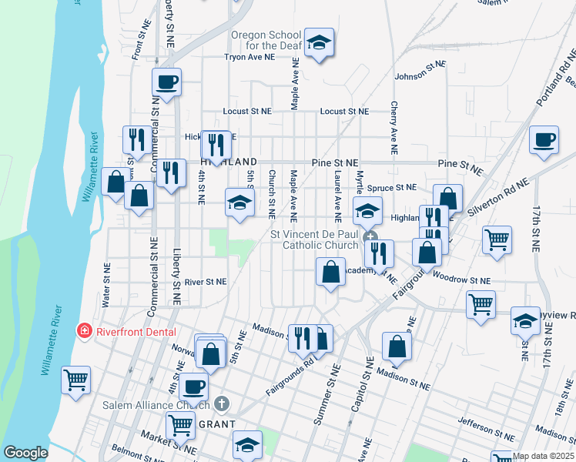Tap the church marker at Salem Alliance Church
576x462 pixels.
pyautogui.click(x=222, y=403)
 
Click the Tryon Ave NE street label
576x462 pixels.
pyautogui.click(x=249, y=57)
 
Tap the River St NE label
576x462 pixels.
pyautogui.click(x=206, y=282)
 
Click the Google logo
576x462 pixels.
pyautogui.click(x=25, y=454)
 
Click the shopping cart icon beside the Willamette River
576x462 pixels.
pyautogui.click(x=76, y=380)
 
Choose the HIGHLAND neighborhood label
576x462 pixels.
pyautogui.click(x=228, y=162)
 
